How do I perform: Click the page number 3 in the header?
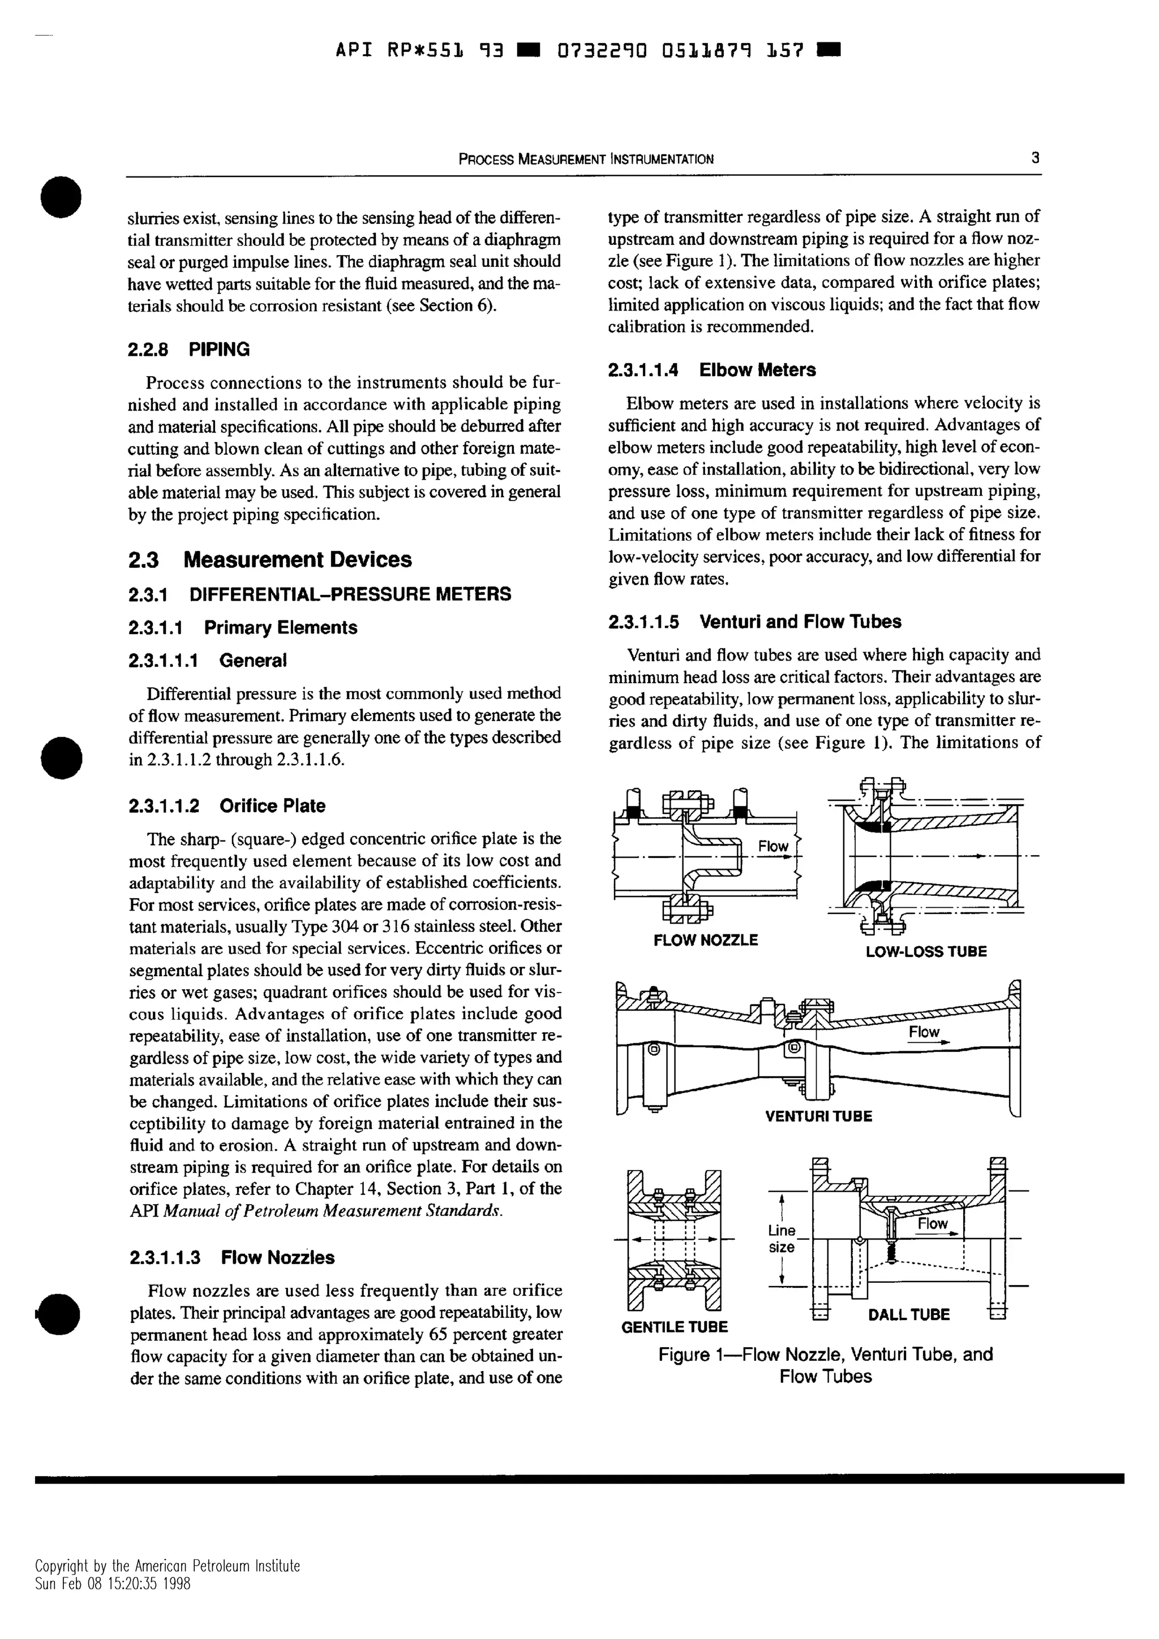[1034, 158]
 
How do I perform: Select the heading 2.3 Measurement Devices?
[270, 560]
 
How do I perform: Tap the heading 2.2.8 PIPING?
[188, 350]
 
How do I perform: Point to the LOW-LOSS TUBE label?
[925, 952]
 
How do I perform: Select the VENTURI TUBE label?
[818, 1116]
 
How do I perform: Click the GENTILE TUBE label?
[674, 1327]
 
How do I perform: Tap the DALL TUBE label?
[908, 1315]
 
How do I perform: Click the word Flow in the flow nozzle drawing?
[772, 846]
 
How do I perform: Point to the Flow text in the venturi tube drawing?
[924, 1032]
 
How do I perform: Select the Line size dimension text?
[781, 1239]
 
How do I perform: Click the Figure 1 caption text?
[826, 1365]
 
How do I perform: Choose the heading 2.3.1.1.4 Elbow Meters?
[711, 370]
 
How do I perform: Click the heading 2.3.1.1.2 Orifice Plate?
[226, 806]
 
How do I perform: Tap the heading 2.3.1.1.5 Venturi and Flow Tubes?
[754, 622]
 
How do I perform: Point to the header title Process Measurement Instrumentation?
[586, 159]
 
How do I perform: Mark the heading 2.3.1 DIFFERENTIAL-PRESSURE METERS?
[319, 594]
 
